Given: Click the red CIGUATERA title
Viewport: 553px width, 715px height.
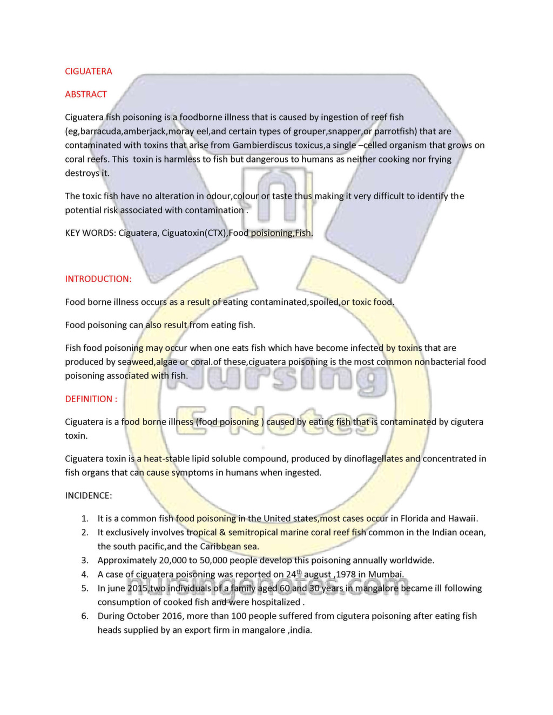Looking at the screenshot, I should (x=89, y=71).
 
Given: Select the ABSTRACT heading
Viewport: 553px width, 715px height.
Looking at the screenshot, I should (x=86, y=94).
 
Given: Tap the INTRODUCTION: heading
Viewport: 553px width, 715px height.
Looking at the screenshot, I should (x=98, y=279).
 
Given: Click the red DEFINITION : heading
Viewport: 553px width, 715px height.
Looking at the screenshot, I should (x=91, y=399).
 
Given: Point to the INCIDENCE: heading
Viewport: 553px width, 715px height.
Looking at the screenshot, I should (x=89, y=495).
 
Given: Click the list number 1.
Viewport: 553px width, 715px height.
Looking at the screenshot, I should (x=84, y=519).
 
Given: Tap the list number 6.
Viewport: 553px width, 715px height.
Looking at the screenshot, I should (x=84, y=616).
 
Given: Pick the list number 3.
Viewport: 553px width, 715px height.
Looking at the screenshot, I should (x=84, y=561).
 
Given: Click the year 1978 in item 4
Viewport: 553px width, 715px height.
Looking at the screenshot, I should (x=346, y=575).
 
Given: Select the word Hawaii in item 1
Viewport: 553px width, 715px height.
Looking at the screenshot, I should (x=462, y=519).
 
